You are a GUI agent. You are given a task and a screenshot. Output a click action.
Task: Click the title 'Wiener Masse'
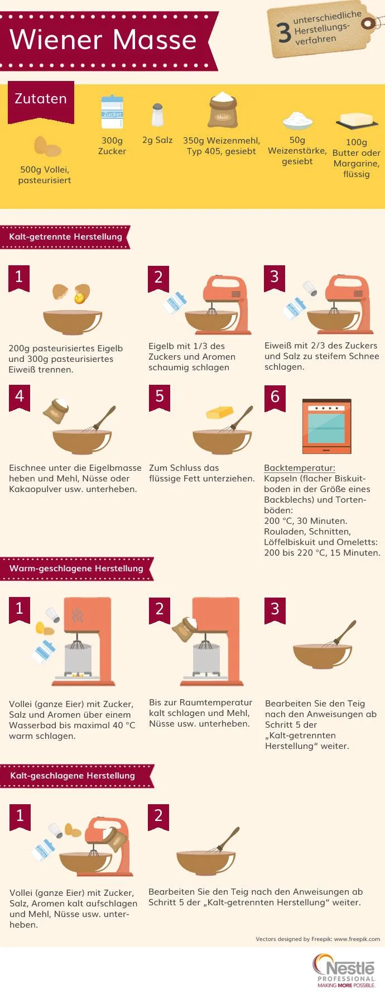[x=103, y=40]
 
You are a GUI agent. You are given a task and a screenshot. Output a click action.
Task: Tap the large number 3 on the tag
[x=284, y=33]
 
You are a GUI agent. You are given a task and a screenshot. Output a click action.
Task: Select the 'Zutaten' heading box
[x=41, y=99]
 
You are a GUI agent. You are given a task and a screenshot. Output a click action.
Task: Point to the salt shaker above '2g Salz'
[x=157, y=114]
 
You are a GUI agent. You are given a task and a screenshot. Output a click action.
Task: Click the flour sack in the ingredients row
[x=223, y=110]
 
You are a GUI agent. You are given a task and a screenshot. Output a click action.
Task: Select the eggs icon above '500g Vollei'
[x=47, y=147]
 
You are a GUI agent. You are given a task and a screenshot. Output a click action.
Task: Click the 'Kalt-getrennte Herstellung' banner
[x=65, y=237]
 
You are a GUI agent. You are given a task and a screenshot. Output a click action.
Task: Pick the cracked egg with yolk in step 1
[x=81, y=294]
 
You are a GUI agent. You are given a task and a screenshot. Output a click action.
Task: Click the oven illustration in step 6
[x=326, y=426]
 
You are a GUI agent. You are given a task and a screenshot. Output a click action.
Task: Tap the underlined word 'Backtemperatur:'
[x=300, y=468]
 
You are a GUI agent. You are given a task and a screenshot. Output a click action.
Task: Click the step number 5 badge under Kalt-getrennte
[x=160, y=397]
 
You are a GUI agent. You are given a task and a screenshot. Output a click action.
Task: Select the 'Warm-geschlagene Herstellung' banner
[x=76, y=569]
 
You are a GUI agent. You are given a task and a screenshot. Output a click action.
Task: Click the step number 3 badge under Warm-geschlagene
[x=275, y=609]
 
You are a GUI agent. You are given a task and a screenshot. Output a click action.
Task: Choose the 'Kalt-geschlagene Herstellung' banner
[x=73, y=776]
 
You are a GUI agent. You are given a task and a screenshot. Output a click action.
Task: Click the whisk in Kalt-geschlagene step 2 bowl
[x=226, y=839]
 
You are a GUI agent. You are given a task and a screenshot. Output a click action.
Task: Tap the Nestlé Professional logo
[x=344, y=971]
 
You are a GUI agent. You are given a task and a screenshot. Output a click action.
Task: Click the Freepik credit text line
[x=317, y=939]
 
